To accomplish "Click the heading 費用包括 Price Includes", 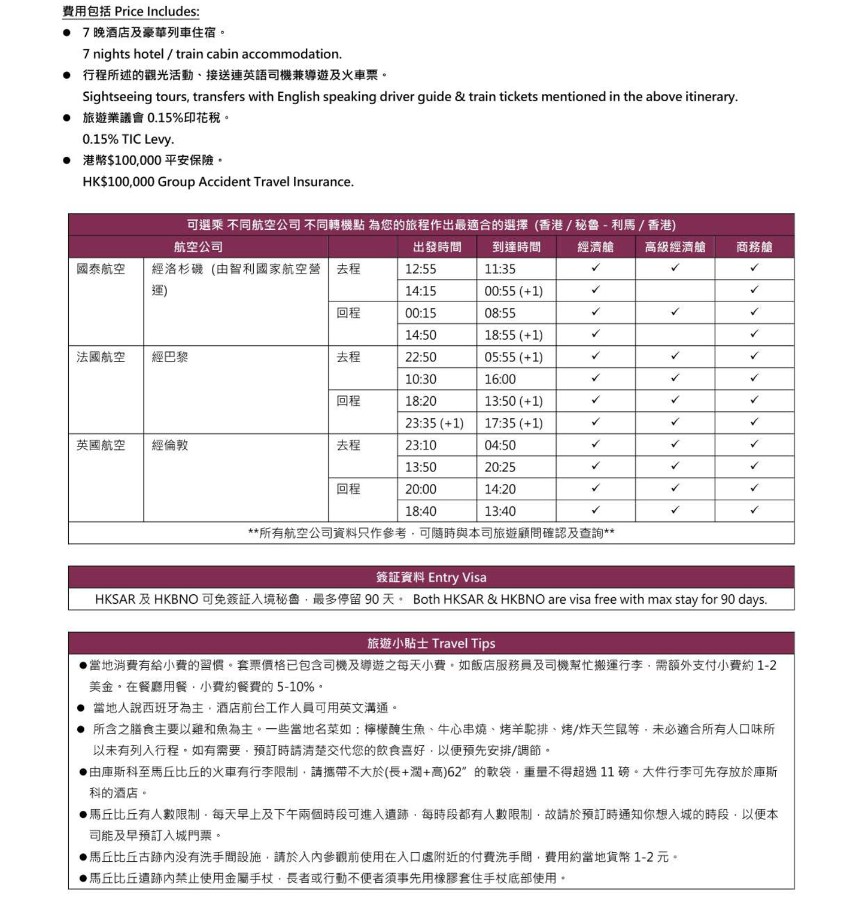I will point(130,11).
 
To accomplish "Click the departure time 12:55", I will point(420,269).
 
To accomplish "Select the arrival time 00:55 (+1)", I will point(513,291).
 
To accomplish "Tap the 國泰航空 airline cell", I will point(101,269).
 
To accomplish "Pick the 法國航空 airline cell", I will point(101,357).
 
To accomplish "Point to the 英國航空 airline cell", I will point(101,445).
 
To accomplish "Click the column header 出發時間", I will point(436,247).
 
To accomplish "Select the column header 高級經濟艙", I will point(675,247).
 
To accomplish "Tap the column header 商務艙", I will point(754,247).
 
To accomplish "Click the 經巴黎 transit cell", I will point(170,357).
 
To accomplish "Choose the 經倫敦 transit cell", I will point(170,445).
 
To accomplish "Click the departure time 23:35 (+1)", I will point(434,424).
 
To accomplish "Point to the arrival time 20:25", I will point(500,467).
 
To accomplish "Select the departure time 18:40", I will point(420,512).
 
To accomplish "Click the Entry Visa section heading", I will point(431,577).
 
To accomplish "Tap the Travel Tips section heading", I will point(431,643).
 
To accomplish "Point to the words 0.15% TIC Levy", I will point(128,139).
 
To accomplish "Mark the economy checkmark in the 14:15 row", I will point(595,290).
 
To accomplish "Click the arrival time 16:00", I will point(500,379).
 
